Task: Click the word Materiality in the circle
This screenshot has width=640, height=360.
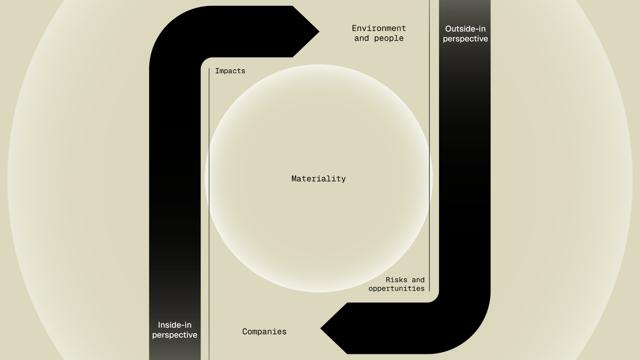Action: click(x=318, y=179)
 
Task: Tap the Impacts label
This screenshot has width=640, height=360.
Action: click(x=230, y=71)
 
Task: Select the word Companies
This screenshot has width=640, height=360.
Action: click(x=264, y=332)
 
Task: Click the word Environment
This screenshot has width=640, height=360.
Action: click(x=379, y=28)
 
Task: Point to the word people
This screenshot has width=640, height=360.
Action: click(x=389, y=38)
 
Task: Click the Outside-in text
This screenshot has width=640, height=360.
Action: click(x=465, y=29)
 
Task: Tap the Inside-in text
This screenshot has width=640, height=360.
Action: click(x=175, y=325)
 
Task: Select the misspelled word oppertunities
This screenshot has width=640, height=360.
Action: click(x=396, y=289)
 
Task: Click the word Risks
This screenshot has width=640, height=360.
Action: click(x=396, y=280)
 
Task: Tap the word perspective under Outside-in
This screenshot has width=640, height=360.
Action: click(x=465, y=39)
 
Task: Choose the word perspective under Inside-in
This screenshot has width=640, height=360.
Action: click(x=175, y=335)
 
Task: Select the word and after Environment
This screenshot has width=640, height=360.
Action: click(x=361, y=38)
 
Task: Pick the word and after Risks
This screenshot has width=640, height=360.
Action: click(x=418, y=280)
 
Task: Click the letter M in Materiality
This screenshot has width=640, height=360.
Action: click(x=294, y=179)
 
